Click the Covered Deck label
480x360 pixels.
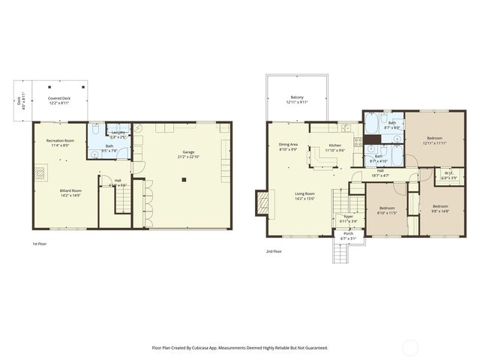pyautogui.click(x=60, y=99)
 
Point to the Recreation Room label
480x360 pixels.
pyautogui.click(x=60, y=142)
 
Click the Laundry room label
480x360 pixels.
pyautogui.click(x=118, y=133)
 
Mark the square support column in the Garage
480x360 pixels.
pyautogui.click(x=184, y=180)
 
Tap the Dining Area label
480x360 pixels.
pyautogui.click(x=289, y=145)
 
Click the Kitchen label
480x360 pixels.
pyautogui.click(x=334, y=146)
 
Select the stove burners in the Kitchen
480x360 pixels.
pyautogui.click(x=358, y=140)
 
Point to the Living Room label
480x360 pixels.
pyautogui.click(x=304, y=195)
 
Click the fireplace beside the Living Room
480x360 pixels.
pyautogui.click(x=261, y=202)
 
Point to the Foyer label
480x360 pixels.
pyautogui.click(x=348, y=218)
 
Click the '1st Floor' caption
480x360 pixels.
pyautogui.click(x=40, y=244)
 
